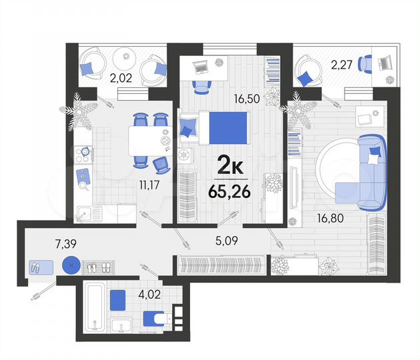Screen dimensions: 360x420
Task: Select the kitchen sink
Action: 86,214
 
